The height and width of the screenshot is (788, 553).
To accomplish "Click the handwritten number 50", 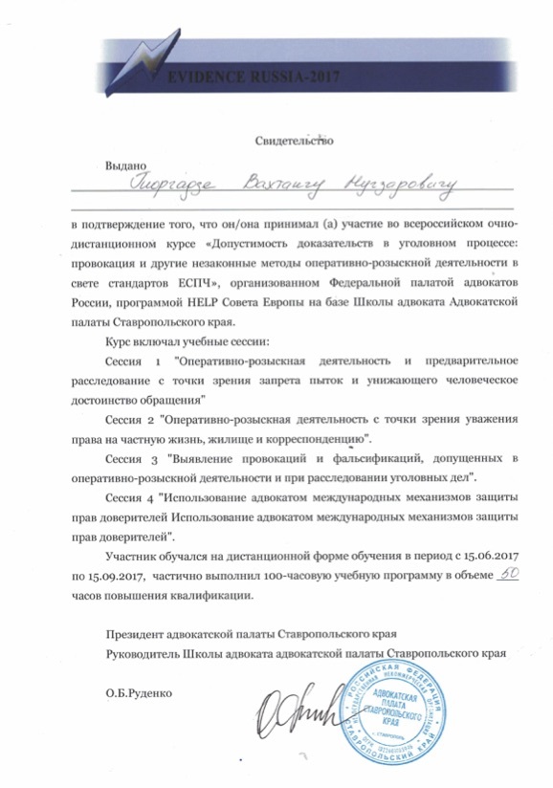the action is [x=509, y=576].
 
